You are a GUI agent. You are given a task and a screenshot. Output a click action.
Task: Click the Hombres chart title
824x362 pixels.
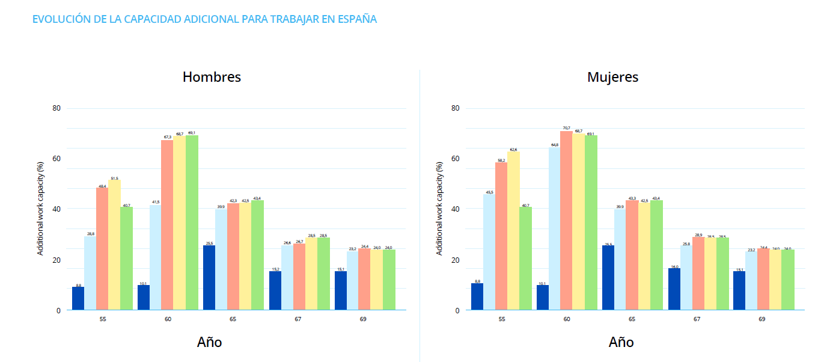(212, 77)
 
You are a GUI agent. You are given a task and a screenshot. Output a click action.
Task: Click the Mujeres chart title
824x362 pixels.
(612, 77)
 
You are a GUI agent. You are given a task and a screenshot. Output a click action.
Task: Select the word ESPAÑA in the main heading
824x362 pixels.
(357, 19)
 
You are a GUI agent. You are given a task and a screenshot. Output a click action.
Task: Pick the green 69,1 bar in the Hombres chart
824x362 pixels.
(192, 222)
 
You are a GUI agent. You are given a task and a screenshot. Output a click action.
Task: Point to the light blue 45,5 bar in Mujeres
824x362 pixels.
(489, 252)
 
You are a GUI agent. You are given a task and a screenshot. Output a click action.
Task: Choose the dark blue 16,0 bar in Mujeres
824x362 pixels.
(674, 289)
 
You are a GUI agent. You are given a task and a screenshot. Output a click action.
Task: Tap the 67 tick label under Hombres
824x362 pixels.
(298, 319)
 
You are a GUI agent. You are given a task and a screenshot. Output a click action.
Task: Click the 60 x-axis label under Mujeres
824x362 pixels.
(567, 319)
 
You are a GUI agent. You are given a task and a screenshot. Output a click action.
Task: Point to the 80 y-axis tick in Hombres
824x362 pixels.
(57, 108)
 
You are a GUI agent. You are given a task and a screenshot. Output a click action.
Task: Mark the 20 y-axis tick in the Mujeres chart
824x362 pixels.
(456, 260)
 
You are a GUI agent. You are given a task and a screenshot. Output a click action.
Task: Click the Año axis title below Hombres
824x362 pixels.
(209, 342)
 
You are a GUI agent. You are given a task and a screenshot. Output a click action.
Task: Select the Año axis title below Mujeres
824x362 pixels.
(621, 342)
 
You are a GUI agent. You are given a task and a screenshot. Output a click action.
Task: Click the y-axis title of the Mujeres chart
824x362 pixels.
(440, 209)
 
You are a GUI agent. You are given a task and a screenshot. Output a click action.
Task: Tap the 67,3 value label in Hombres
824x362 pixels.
(167, 137)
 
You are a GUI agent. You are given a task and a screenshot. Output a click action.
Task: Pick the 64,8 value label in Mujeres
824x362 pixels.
(554, 144)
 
